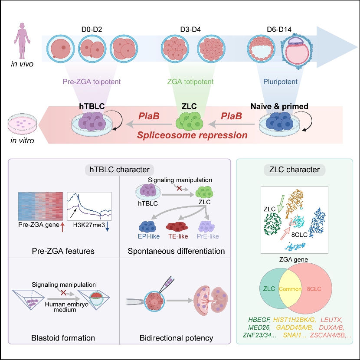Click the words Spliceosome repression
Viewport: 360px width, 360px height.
point(192,135)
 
